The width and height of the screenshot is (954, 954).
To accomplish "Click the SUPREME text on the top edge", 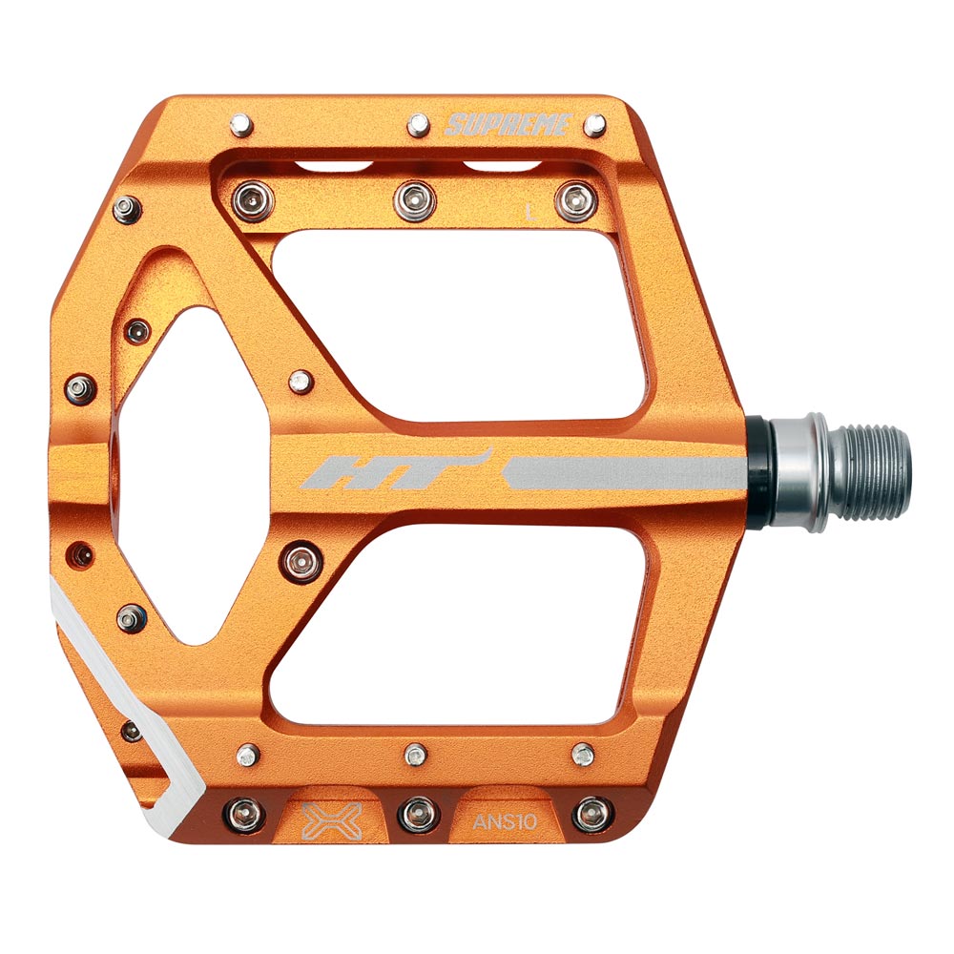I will coord(508,124).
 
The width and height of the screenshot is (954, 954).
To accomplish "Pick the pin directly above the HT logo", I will coord(300,382).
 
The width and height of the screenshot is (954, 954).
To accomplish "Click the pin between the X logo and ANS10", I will coord(416,813).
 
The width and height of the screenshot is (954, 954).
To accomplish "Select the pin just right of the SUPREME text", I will coord(594,124).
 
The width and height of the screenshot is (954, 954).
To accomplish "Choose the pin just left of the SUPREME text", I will coord(418,124).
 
